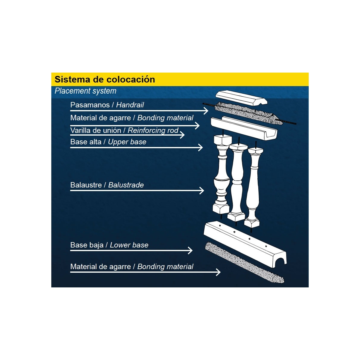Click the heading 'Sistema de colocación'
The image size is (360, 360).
point(105,79)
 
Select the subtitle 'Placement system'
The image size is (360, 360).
point(85,91)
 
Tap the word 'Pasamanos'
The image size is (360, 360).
point(90,105)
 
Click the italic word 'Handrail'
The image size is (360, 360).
point(130,105)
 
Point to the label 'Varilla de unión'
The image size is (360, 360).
point(96,130)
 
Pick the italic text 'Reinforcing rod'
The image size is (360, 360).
point(153,130)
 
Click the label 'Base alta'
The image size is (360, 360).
point(86,142)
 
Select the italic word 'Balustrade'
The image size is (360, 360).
point(126,185)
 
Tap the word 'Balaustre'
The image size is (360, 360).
point(86,185)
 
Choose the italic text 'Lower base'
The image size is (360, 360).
point(129,245)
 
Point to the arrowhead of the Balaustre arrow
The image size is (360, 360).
point(202,190)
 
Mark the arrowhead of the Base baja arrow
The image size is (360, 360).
point(190,250)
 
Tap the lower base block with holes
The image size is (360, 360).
point(240,240)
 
